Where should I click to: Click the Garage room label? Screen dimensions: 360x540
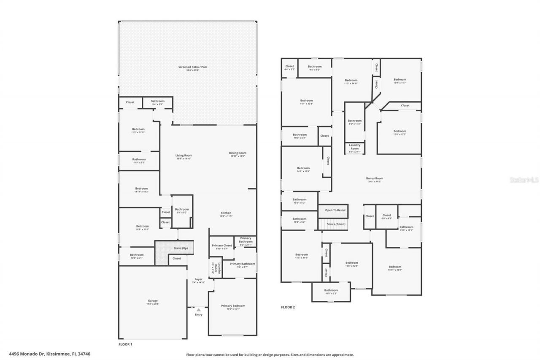[x=152, y=301]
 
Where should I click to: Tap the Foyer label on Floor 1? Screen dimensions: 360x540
[x=198, y=279]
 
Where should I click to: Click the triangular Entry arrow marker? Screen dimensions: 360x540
[x=198, y=310]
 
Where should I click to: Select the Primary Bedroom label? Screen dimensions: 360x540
[x=233, y=306]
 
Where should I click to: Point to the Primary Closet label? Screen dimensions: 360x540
[x=222, y=246]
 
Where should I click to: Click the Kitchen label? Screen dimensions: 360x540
[x=226, y=213]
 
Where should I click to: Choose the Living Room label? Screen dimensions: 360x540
[x=184, y=156]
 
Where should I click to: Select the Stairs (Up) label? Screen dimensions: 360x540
[x=181, y=248]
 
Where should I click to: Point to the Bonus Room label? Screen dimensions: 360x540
[x=374, y=179]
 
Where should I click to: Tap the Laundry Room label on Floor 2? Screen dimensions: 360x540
[x=354, y=147]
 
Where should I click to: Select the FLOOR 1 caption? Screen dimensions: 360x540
[x=125, y=344]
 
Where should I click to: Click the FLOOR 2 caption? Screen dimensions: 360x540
[x=288, y=307]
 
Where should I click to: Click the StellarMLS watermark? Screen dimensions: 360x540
[x=524, y=180]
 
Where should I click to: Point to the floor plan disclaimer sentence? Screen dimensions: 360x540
[x=270, y=355]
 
